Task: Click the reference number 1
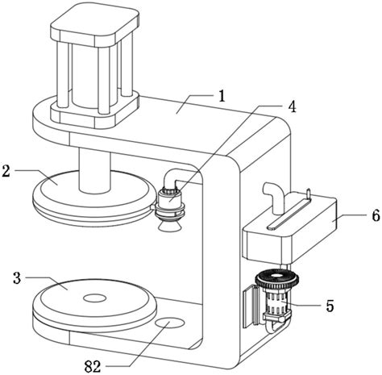click(x=222, y=97)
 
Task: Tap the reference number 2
click(x=6, y=171)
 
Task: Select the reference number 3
click(x=17, y=278)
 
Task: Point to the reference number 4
click(x=292, y=106)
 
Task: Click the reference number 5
click(x=330, y=306)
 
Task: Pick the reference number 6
click(x=376, y=215)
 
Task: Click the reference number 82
click(x=93, y=366)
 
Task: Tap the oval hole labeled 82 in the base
click(x=170, y=323)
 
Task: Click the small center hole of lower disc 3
click(x=94, y=298)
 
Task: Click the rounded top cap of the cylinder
click(x=95, y=24)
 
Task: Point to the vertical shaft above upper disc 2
click(x=94, y=171)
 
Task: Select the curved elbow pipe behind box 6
click(x=273, y=197)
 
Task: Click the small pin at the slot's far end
click(x=309, y=194)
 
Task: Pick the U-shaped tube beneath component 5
click(x=277, y=324)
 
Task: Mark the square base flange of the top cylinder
click(x=95, y=110)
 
